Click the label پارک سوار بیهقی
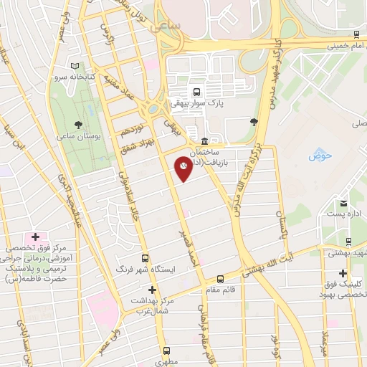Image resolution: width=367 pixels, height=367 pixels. pos(195,103)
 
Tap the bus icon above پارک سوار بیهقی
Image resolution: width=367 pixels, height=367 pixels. pos(196,92)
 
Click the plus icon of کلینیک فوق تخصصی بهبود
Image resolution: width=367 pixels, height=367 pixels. pos(343,273)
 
